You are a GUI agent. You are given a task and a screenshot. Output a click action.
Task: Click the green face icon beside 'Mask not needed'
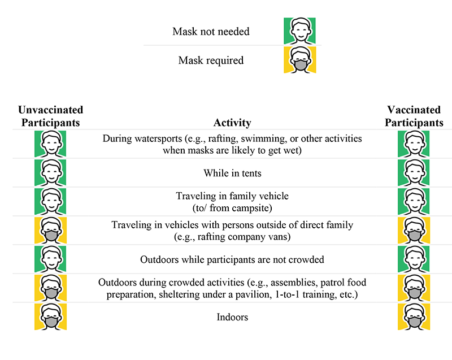click(299, 31)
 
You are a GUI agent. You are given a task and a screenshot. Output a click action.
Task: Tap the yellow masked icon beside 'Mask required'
click(300, 60)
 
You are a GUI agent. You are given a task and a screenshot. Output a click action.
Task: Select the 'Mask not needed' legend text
click(211, 32)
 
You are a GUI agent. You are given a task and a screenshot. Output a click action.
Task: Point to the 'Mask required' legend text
click(211, 60)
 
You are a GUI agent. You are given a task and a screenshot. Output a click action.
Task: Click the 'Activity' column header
click(232, 123)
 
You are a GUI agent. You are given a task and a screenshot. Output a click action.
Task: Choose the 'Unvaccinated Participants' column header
click(51, 116)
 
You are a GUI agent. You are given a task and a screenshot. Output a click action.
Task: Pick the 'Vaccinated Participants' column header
click(414, 116)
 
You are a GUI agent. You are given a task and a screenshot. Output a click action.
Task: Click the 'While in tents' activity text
click(232, 173)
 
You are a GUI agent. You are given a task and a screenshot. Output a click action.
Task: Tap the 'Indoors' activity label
click(232, 317)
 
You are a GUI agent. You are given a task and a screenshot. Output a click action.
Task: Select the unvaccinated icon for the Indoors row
click(50, 316)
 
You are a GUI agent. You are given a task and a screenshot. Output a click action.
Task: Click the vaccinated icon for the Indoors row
click(414, 316)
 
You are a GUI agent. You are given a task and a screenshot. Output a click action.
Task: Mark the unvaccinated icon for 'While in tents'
click(50, 172)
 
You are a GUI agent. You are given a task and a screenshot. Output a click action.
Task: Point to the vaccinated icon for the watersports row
click(414, 144)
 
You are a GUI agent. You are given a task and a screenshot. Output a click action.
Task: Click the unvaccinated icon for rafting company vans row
click(50, 230)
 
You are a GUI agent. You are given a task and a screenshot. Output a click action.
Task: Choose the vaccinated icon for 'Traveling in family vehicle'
click(414, 201)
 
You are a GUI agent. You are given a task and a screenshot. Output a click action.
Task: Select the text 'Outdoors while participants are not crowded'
click(232, 259)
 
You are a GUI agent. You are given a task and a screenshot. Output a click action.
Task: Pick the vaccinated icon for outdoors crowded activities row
click(414, 288)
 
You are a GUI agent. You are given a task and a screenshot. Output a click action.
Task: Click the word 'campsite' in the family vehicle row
click(251, 208)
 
